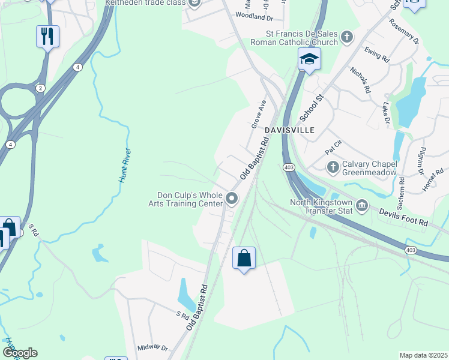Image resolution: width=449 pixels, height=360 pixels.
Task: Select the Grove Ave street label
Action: [258, 114]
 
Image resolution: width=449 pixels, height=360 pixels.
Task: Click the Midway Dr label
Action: [152, 347]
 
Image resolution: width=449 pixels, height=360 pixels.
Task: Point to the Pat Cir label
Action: [333, 146]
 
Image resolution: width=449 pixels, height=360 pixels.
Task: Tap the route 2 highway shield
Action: [40, 88]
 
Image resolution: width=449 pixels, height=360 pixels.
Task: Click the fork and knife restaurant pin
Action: [47, 36]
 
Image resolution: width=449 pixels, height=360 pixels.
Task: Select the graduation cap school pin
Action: [309, 59]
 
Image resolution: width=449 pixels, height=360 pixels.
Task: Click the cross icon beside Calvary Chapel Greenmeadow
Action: [333, 166]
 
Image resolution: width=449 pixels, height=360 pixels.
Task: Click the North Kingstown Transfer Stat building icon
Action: [362, 206]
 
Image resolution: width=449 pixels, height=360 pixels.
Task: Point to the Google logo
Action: [20, 353]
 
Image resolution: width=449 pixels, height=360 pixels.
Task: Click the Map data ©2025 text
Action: [423, 355]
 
